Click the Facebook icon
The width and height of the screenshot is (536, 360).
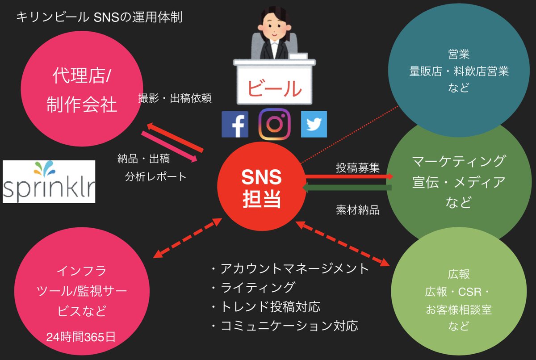pyautogui.click(x=235, y=124)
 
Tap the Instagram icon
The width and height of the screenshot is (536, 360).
pyautogui.click(x=274, y=124)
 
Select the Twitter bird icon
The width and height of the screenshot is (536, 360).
pyautogui.click(x=314, y=124)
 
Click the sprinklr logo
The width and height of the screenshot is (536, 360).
pyautogui.click(x=49, y=182)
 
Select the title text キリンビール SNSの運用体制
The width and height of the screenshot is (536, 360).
pyautogui.click(x=99, y=18)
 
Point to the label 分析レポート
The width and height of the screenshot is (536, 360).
pyautogui.click(x=156, y=176)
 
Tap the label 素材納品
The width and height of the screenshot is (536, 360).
pyautogui.click(x=358, y=210)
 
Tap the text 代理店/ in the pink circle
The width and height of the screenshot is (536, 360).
pyautogui.click(x=81, y=76)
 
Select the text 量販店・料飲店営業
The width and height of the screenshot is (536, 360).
pyautogui.click(x=459, y=71)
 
